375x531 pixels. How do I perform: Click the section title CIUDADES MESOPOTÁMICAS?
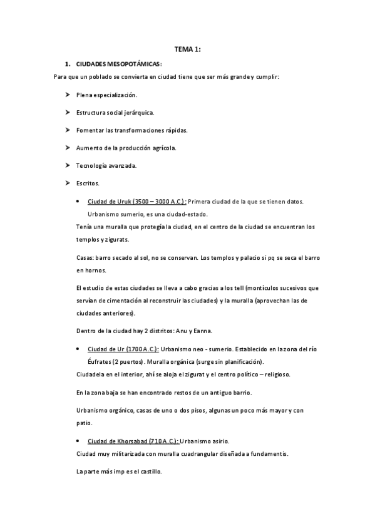118,64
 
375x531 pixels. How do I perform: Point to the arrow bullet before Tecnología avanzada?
66,165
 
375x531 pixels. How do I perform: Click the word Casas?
84,258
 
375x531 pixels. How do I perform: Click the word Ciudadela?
90,374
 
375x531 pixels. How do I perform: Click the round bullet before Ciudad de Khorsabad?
76,441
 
